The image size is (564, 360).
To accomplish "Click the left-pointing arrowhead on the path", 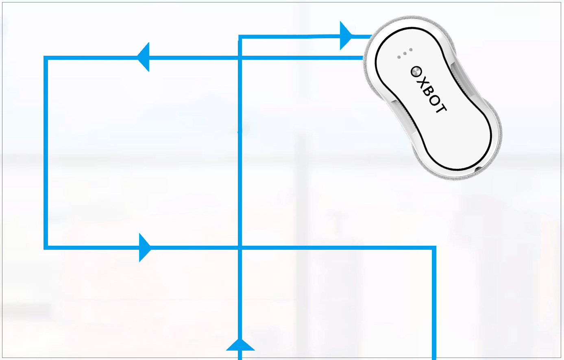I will point(144,57).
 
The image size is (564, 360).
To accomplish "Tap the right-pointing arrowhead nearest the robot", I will point(346,36).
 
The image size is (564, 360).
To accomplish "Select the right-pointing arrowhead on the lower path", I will point(145,247).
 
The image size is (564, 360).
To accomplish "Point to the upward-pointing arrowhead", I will point(240,345).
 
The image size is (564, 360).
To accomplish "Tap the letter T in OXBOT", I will point(440,107).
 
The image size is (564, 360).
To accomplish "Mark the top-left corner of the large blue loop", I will point(46,58).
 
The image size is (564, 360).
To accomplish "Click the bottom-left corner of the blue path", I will point(46,247).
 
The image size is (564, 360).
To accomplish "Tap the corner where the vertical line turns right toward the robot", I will point(240,37).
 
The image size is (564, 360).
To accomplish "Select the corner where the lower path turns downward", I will point(434,247).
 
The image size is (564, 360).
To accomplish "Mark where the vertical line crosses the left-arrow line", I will point(240,58).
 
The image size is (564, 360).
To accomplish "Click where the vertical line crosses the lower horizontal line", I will point(240,247).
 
